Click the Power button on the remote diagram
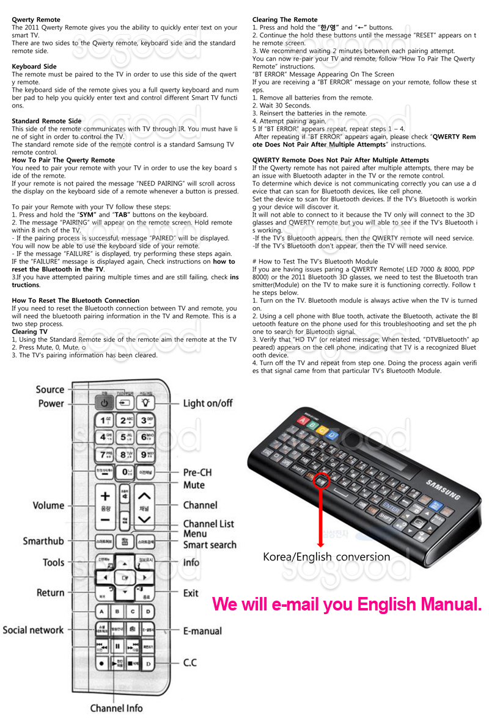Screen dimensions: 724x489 (105, 403)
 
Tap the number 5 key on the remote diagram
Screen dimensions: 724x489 (125, 437)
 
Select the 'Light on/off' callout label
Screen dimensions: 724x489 (208, 403)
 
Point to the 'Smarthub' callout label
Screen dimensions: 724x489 (43, 541)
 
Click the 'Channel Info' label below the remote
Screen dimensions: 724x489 (116, 708)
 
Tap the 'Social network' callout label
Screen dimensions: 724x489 (33, 629)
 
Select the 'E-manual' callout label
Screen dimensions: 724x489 (202, 631)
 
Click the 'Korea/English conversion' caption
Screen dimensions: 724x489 (326, 557)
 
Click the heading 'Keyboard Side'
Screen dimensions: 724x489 (34, 67)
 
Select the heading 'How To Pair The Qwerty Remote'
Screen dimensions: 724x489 (63, 160)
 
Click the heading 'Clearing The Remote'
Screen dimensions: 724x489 (285, 20)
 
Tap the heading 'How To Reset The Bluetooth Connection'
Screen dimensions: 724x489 (75, 300)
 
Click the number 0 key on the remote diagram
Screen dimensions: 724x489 (125, 471)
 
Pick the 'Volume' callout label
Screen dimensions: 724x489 (48, 505)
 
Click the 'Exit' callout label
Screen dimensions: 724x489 (191, 593)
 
